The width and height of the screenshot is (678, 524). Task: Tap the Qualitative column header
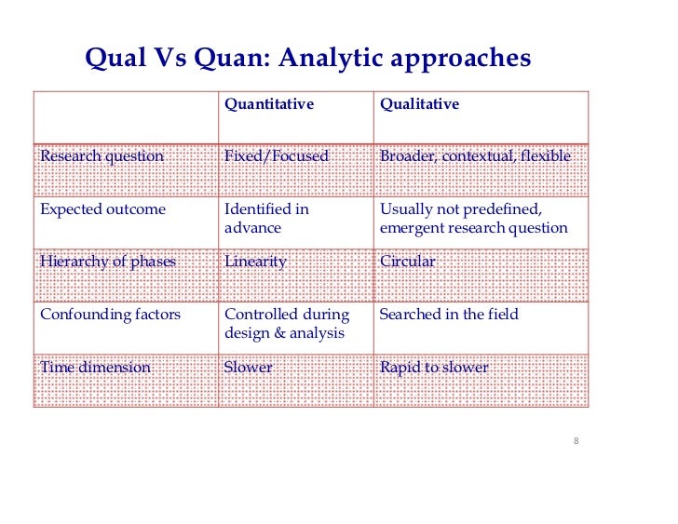tap(419, 105)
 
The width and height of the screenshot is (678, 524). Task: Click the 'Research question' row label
tap(102, 156)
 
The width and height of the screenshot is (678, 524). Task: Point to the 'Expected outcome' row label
tap(102, 209)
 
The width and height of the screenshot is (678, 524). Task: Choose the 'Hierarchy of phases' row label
tap(107, 262)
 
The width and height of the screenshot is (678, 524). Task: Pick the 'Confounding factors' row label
tap(110, 315)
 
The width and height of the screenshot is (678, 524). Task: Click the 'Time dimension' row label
tap(95, 368)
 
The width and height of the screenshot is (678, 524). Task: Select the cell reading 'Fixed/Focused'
tap(277, 156)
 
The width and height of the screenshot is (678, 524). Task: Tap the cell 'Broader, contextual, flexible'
tap(475, 156)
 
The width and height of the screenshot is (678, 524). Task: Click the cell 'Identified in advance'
tap(266, 219)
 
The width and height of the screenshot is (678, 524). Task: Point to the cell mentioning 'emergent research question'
tap(473, 228)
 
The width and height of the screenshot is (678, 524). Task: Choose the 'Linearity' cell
tap(255, 262)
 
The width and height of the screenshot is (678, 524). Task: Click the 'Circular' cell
tap(407, 262)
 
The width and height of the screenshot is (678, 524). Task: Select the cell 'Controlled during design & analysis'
tap(286, 324)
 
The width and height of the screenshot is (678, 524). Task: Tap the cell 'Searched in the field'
tap(448, 315)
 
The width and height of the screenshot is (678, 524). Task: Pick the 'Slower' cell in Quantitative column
tap(249, 368)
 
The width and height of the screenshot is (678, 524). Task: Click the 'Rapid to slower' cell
tap(434, 368)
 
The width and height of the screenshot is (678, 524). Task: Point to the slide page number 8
tap(576, 440)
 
